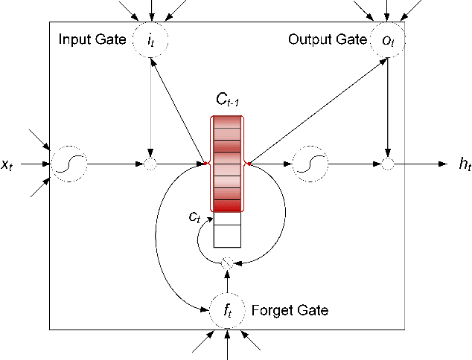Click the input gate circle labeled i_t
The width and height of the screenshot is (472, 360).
tap(150, 42)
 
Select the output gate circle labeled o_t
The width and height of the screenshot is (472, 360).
tap(386, 42)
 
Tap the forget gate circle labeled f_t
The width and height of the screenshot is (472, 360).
tap(228, 311)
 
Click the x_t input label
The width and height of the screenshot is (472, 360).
tap(7, 166)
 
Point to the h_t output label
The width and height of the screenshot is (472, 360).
tap(465, 164)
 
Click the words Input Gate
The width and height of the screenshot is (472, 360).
tap(92, 38)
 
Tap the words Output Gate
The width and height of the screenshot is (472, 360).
tap(325, 38)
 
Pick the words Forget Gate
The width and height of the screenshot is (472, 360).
tap(290, 309)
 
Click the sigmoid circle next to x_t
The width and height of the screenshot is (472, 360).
tap(68, 163)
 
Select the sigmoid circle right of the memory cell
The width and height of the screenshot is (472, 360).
tap(310, 163)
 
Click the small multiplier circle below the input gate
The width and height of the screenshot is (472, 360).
tap(150, 163)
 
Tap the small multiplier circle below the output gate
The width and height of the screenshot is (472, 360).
tap(387, 163)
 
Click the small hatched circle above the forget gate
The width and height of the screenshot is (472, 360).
tap(228, 263)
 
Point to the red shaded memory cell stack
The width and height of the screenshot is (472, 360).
tap(227, 164)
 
